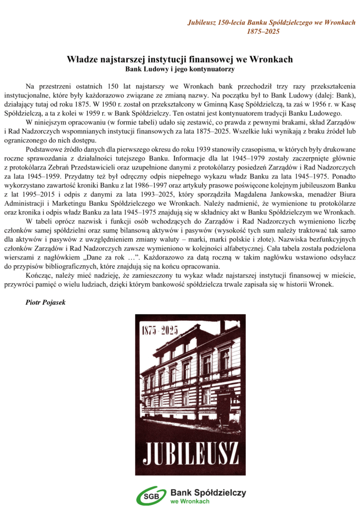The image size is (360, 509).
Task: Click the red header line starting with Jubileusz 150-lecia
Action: click(271, 23)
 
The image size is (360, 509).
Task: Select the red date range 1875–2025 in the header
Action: click(264, 31)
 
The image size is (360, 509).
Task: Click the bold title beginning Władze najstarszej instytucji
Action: click(180, 59)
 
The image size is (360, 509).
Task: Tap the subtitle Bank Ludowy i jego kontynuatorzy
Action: click(180, 68)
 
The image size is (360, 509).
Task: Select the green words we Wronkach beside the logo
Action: click(189, 501)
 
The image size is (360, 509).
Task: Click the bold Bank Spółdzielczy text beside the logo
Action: click(208, 492)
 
